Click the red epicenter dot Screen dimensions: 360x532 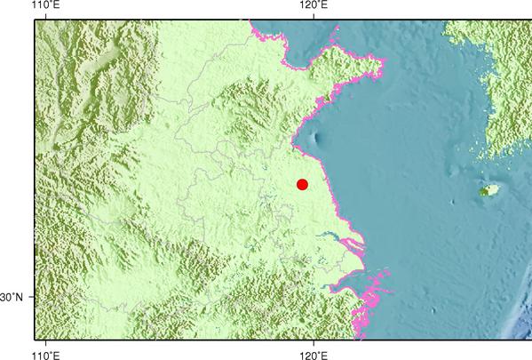coord(302,184)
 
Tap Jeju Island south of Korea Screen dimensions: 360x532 coord(488,190)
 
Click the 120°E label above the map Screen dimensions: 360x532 coord(314,6)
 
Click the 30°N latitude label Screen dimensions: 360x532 coord(16,297)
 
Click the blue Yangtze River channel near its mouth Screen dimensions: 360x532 coord(342,237)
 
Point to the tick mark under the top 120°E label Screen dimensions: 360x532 coord(314,20)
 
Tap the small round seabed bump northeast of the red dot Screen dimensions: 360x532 coord(317,138)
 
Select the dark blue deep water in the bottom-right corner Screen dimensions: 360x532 coord(520,329)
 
